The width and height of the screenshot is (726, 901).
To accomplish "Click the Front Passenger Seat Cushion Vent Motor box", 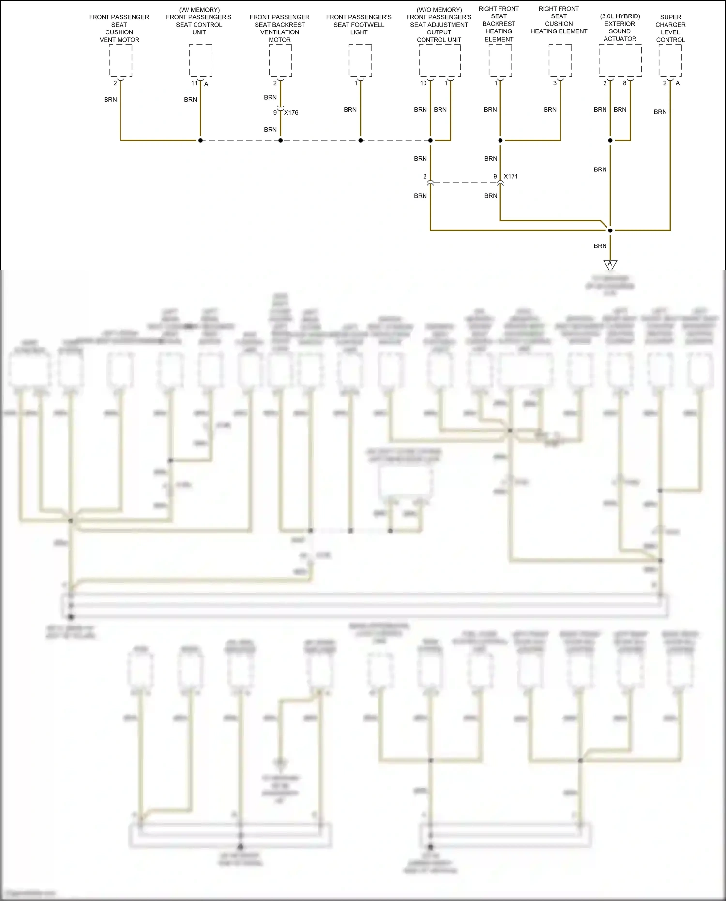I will (121, 61).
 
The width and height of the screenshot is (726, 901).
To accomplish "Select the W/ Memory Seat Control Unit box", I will (200, 61).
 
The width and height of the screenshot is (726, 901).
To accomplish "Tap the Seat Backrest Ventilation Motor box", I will (280, 61).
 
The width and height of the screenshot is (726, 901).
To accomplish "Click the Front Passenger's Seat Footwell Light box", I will (361, 61).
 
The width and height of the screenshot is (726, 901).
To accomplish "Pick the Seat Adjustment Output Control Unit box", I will (439, 61).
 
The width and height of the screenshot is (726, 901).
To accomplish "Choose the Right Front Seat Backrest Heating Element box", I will (500, 61).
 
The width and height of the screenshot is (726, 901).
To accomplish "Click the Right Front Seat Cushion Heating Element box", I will (560, 61).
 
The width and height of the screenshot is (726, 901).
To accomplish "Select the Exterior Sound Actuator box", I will (620, 61).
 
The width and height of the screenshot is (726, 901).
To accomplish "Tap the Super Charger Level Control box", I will (670, 61).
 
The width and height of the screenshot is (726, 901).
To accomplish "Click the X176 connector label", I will (291, 113).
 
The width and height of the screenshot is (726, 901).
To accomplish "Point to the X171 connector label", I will (511, 176).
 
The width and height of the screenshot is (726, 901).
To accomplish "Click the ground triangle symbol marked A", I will (610, 265).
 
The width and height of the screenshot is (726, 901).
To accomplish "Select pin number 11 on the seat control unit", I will (194, 83).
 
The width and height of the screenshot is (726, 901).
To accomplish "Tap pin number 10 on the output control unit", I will (423, 83).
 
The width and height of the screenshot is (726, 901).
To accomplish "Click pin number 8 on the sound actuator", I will (625, 83).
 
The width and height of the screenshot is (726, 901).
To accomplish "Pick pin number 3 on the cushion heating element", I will (555, 83).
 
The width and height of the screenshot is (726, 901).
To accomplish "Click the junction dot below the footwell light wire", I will (361, 141).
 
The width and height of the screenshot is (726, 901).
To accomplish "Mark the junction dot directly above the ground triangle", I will (610, 230).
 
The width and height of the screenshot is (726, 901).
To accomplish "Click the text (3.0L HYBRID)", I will (620, 16).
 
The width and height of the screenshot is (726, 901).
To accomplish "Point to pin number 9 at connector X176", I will (275, 113).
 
